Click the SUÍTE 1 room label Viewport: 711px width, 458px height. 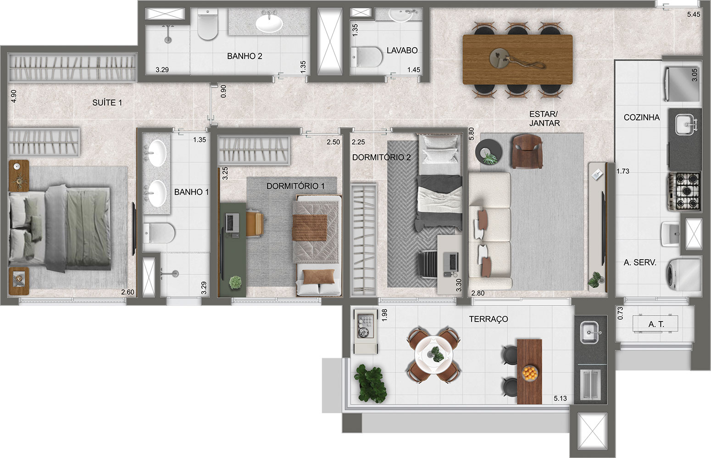pyautogui.click(x=107, y=103)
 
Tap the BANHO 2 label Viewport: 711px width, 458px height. pyautogui.click(x=244, y=56)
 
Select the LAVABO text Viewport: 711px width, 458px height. pyautogui.click(x=402, y=50)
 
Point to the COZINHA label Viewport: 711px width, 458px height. pyautogui.click(x=641, y=117)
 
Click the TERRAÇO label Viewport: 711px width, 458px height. pyautogui.click(x=489, y=319)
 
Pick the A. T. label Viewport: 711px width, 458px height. pyautogui.click(x=656, y=324)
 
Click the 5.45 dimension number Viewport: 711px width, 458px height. pyautogui.click(x=693, y=14)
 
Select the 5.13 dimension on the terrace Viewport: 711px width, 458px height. pyautogui.click(x=560, y=398)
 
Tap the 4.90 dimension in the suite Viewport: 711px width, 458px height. pyautogui.click(x=14, y=96)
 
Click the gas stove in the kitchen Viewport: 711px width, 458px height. pyautogui.click(x=684, y=191)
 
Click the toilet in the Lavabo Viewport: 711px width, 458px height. pyautogui.click(x=367, y=57)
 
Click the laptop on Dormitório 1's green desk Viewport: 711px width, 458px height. pyautogui.click(x=233, y=223)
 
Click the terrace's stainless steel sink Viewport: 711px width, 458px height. pyautogui.click(x=589, y=333)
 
